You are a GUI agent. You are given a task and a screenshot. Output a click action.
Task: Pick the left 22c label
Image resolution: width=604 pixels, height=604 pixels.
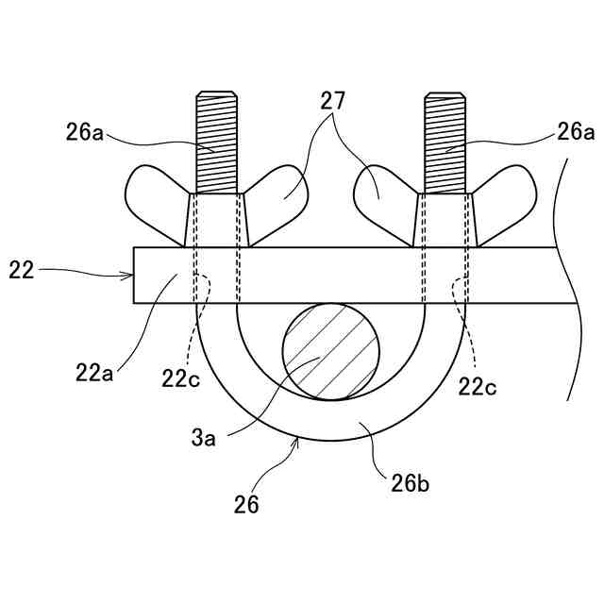pos(179,378)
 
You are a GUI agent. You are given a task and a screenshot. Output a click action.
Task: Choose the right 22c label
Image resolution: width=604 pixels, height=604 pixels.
pos(478,385)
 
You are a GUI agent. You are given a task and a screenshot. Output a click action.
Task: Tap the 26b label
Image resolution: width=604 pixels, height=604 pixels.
pos(411,486)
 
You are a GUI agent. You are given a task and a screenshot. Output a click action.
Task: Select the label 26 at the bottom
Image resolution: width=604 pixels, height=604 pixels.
pos(246,504)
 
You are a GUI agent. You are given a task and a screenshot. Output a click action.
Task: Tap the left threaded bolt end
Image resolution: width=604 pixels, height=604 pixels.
pos(217,142)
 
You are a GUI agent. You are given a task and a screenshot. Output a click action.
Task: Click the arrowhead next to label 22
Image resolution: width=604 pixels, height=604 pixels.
pos(129,276)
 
